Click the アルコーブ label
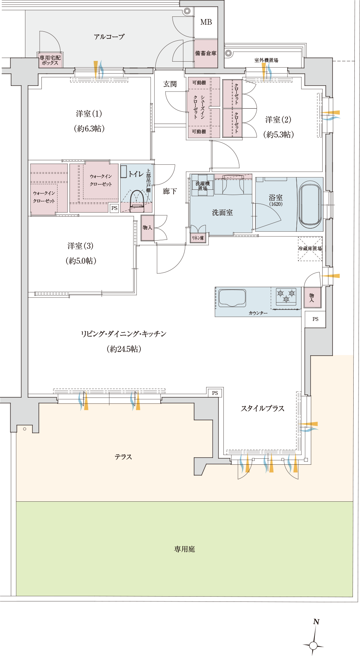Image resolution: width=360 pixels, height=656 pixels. [109, 37]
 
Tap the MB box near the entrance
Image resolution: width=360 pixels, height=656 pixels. [206, 22]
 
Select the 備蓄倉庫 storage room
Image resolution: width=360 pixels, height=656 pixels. [206, 53]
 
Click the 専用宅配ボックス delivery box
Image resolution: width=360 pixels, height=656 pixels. [50, 60]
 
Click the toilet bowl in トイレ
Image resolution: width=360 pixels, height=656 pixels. [137, 201]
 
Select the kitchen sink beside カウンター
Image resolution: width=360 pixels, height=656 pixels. [232, 298]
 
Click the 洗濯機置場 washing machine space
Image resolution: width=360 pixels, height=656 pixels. [202, 185]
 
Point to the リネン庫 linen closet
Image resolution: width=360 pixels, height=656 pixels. [198, 238]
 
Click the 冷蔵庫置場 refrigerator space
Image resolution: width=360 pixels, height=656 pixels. [310, 248]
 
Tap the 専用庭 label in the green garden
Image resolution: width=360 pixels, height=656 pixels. [184, 549]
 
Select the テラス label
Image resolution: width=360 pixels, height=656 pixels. [123, 457]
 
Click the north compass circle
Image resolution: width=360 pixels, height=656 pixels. [313, 645]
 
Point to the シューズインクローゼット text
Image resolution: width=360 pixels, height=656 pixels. [199, 107]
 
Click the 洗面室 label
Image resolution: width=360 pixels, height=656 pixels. [222, 213]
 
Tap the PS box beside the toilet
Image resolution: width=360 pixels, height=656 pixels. [114, 208]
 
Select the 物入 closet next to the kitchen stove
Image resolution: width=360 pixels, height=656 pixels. [312, 297]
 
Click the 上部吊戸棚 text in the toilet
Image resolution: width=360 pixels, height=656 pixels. [148, 180]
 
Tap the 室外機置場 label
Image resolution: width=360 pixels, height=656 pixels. [266, 60]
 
